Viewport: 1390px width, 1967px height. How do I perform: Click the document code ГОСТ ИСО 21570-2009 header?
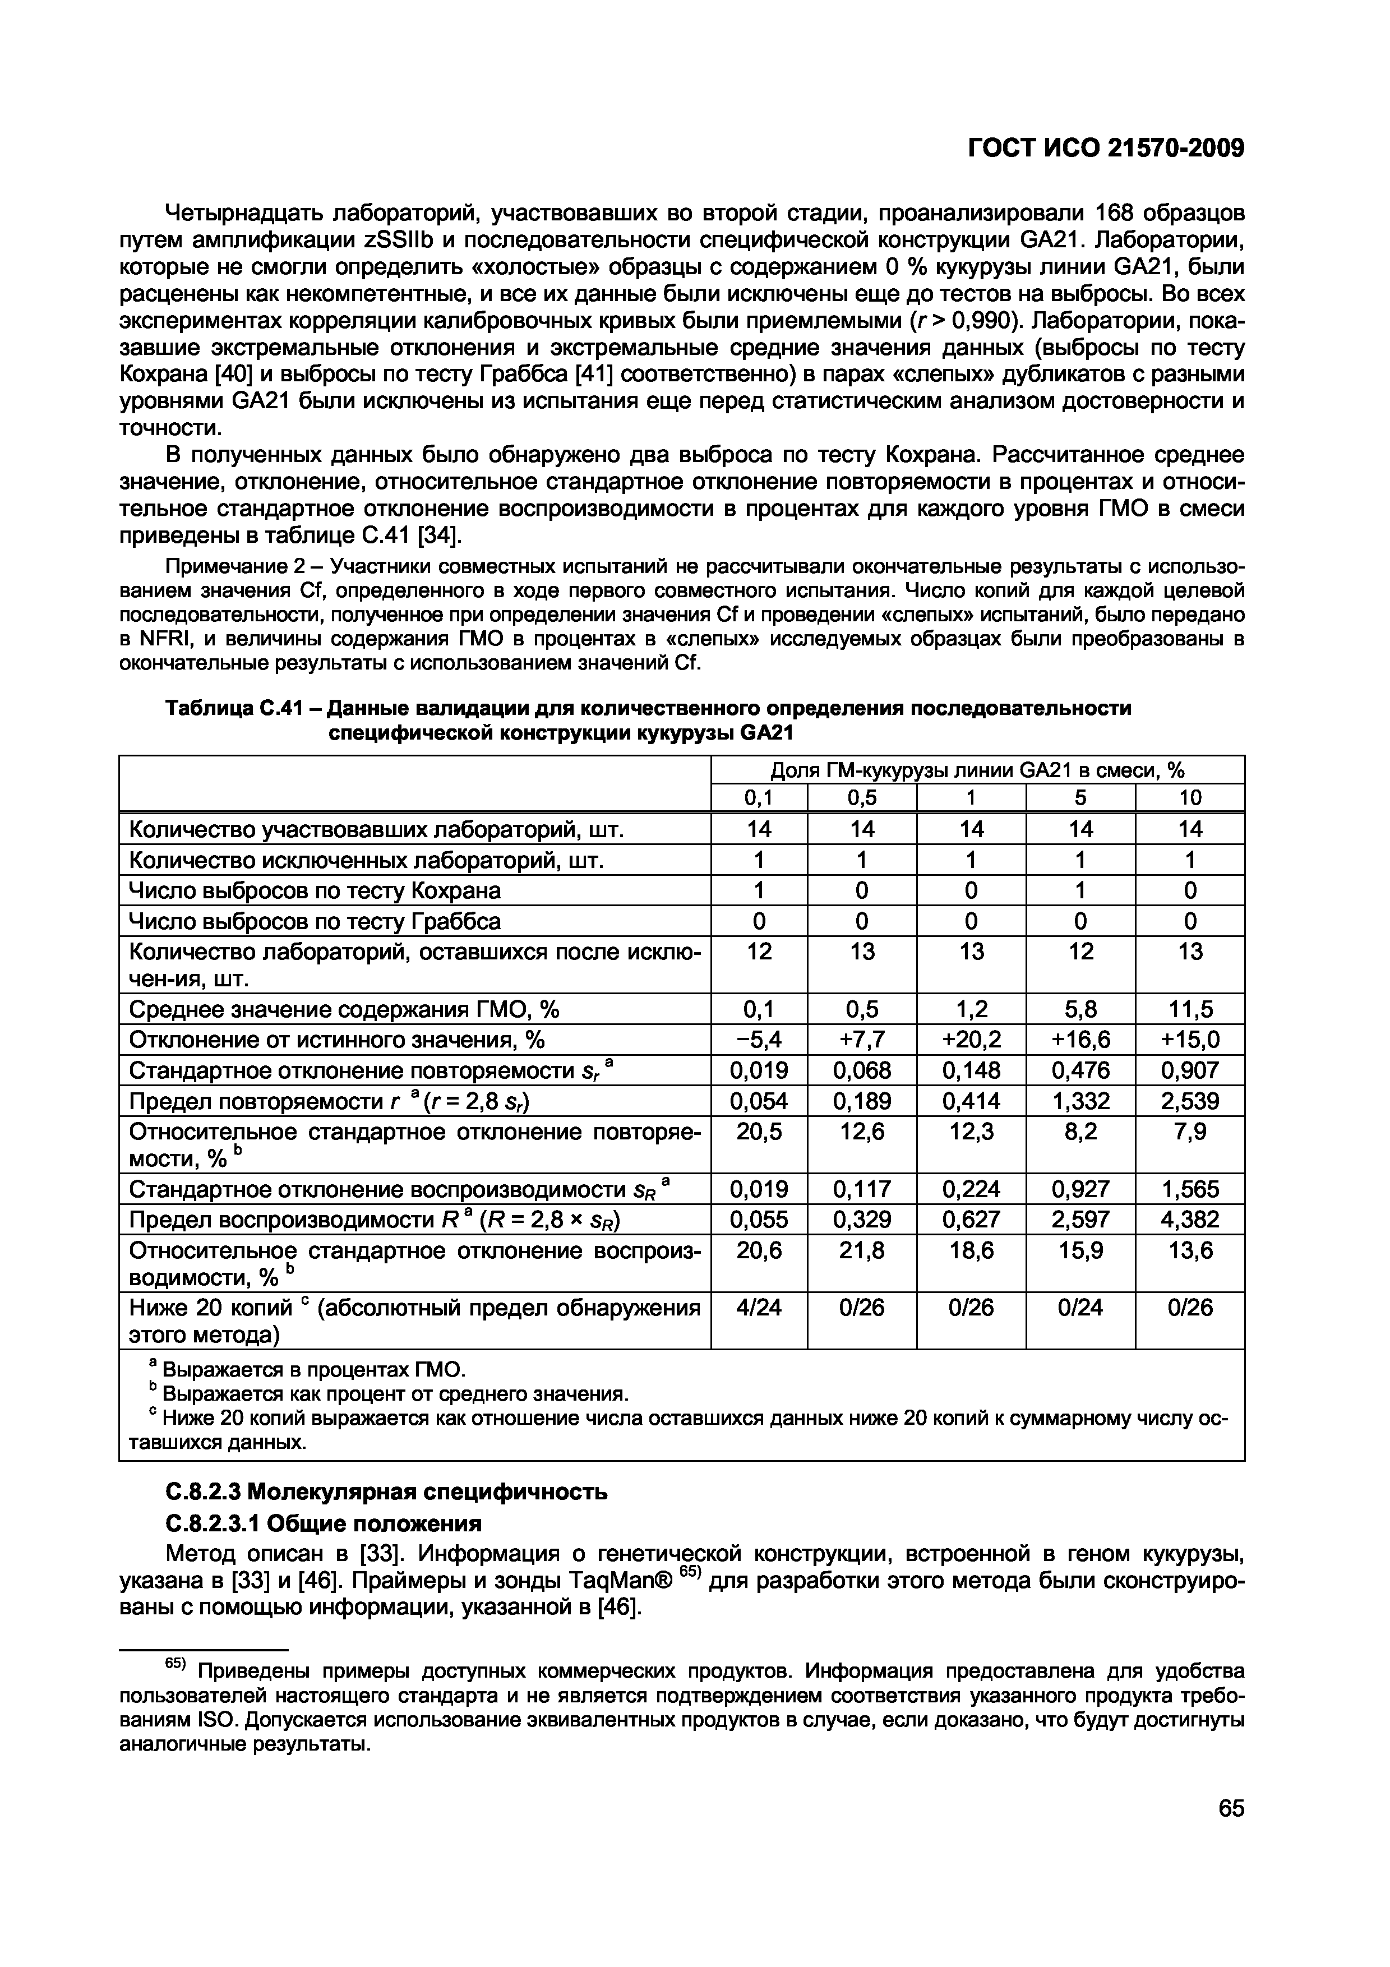coord(1105,148)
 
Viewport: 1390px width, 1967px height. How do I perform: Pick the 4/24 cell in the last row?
coord(759,1308)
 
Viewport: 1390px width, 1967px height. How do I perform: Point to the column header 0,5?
coord(862,797)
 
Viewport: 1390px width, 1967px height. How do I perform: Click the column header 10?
coord(1190,797)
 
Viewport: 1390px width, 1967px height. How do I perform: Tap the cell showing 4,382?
coord(1190,1219)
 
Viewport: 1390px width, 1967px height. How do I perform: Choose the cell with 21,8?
coord(862,1252)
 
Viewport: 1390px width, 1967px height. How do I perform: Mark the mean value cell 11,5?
coord(1190,1009)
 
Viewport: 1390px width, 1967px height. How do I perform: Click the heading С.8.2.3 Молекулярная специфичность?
coord(385,1492)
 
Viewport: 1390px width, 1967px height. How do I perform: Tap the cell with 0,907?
coord(1190,1070)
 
